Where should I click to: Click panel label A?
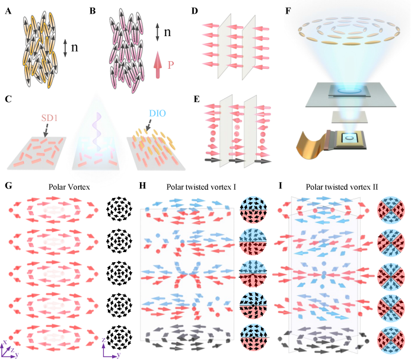pos(8,11)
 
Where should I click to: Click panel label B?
pos(93,11)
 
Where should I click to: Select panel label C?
pos(8,99)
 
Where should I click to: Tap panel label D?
pos(195,11)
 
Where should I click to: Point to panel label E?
pos(196,99)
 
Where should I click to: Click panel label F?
pos(288,11)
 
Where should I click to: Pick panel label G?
pos(8,186)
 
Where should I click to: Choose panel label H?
pos(142,186)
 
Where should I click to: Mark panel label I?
pos(281,186)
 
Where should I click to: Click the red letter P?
pos(171,65)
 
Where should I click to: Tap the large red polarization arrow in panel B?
pos(158,65)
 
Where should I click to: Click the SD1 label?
pos(49,118)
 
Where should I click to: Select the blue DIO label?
pos(157,113)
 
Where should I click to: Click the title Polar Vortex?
pos(69,187)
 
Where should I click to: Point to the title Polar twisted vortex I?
pos(201,187)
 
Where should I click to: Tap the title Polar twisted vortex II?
pos(342,187)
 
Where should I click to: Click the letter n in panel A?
pos(75,47)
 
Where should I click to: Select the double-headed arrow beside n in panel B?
pos(157,32)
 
